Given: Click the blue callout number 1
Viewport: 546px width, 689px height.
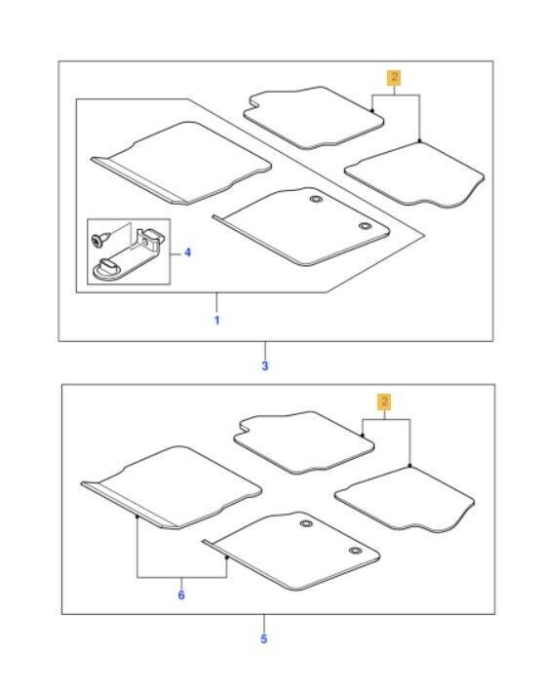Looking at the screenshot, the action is click(x=216, y=320).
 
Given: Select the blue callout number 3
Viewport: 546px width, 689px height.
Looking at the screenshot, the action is click(x=264, y=365).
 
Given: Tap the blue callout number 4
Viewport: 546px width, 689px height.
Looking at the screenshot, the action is click(x=188, y=252).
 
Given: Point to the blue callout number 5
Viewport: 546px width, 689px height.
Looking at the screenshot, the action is click(x=264, y=638).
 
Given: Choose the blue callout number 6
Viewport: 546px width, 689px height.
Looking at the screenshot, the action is click(x=181, y=595).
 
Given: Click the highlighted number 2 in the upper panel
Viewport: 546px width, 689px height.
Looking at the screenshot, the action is click(x=394, y=77).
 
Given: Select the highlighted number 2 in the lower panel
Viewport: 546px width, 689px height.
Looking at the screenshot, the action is click(x=385, y=402).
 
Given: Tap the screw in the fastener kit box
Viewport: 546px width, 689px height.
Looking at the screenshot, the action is click(x=97, y=239).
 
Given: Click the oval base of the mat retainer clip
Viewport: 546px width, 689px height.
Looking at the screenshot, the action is click(x=107, y=269).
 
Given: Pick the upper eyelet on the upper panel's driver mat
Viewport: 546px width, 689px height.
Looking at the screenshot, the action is click(x=316, y=199).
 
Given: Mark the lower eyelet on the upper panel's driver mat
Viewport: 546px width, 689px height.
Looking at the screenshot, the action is click(x=365, y=226).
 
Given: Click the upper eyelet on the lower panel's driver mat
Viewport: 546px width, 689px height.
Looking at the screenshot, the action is click(x=306, y=523).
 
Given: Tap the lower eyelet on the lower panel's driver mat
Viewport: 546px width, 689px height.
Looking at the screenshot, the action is click(x=355, y=551).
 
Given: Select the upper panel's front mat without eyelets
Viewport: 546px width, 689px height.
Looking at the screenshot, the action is click(x=182, y=163).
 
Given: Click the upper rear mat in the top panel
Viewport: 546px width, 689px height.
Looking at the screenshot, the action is click(x=312, y=118).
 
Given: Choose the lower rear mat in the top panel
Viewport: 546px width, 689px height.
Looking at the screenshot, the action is click(x=415, y=174).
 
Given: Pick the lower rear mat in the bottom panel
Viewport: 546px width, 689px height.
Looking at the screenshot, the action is click(x=406, y=500).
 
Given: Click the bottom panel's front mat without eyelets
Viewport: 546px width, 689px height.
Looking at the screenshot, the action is click(x=173, y=487).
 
